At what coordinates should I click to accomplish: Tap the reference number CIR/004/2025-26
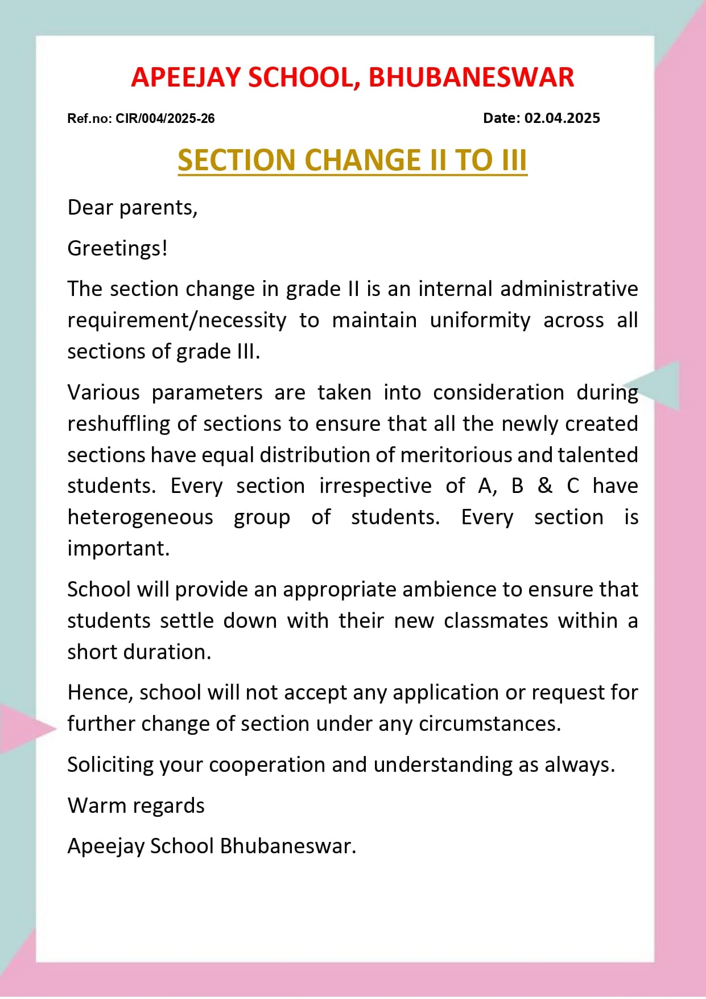point(165,118)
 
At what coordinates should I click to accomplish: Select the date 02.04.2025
point(562,118)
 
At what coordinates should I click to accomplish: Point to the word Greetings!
point(117,248)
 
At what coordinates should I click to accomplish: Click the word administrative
point(569,289)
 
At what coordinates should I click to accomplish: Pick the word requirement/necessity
point(176,320)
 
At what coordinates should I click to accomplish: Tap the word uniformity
point(480,320)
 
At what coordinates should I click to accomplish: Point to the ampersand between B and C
point(544,486)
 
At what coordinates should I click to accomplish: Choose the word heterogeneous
point(140,517)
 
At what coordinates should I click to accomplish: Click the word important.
point(118,548)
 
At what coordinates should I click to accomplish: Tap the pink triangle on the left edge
point(20,729)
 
